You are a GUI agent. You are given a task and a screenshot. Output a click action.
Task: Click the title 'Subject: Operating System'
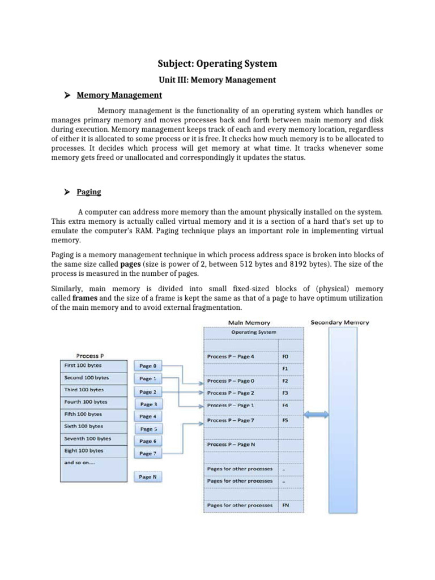217,63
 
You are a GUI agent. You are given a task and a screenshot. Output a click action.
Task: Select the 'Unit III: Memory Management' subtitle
217,80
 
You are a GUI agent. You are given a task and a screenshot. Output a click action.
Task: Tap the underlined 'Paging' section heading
89,192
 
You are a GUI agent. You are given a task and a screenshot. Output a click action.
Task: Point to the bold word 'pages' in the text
131,265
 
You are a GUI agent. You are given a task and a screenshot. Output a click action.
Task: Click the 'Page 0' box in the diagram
148,366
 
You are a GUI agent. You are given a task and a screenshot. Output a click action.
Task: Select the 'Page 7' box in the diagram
148,453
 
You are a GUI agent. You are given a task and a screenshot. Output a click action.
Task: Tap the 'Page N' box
148,477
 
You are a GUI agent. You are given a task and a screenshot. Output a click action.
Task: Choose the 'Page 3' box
148,404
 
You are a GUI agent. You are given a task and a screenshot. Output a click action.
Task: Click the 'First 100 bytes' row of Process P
95,366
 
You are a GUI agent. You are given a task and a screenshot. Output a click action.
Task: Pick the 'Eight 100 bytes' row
95,450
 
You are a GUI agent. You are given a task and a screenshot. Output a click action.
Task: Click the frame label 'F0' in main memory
285,357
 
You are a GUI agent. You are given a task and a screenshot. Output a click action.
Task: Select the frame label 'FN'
285,504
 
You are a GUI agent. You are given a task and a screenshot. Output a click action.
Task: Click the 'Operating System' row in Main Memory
253,332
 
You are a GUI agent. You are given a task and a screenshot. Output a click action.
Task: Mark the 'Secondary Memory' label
340,322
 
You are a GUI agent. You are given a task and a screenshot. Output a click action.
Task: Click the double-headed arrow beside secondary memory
318,415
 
